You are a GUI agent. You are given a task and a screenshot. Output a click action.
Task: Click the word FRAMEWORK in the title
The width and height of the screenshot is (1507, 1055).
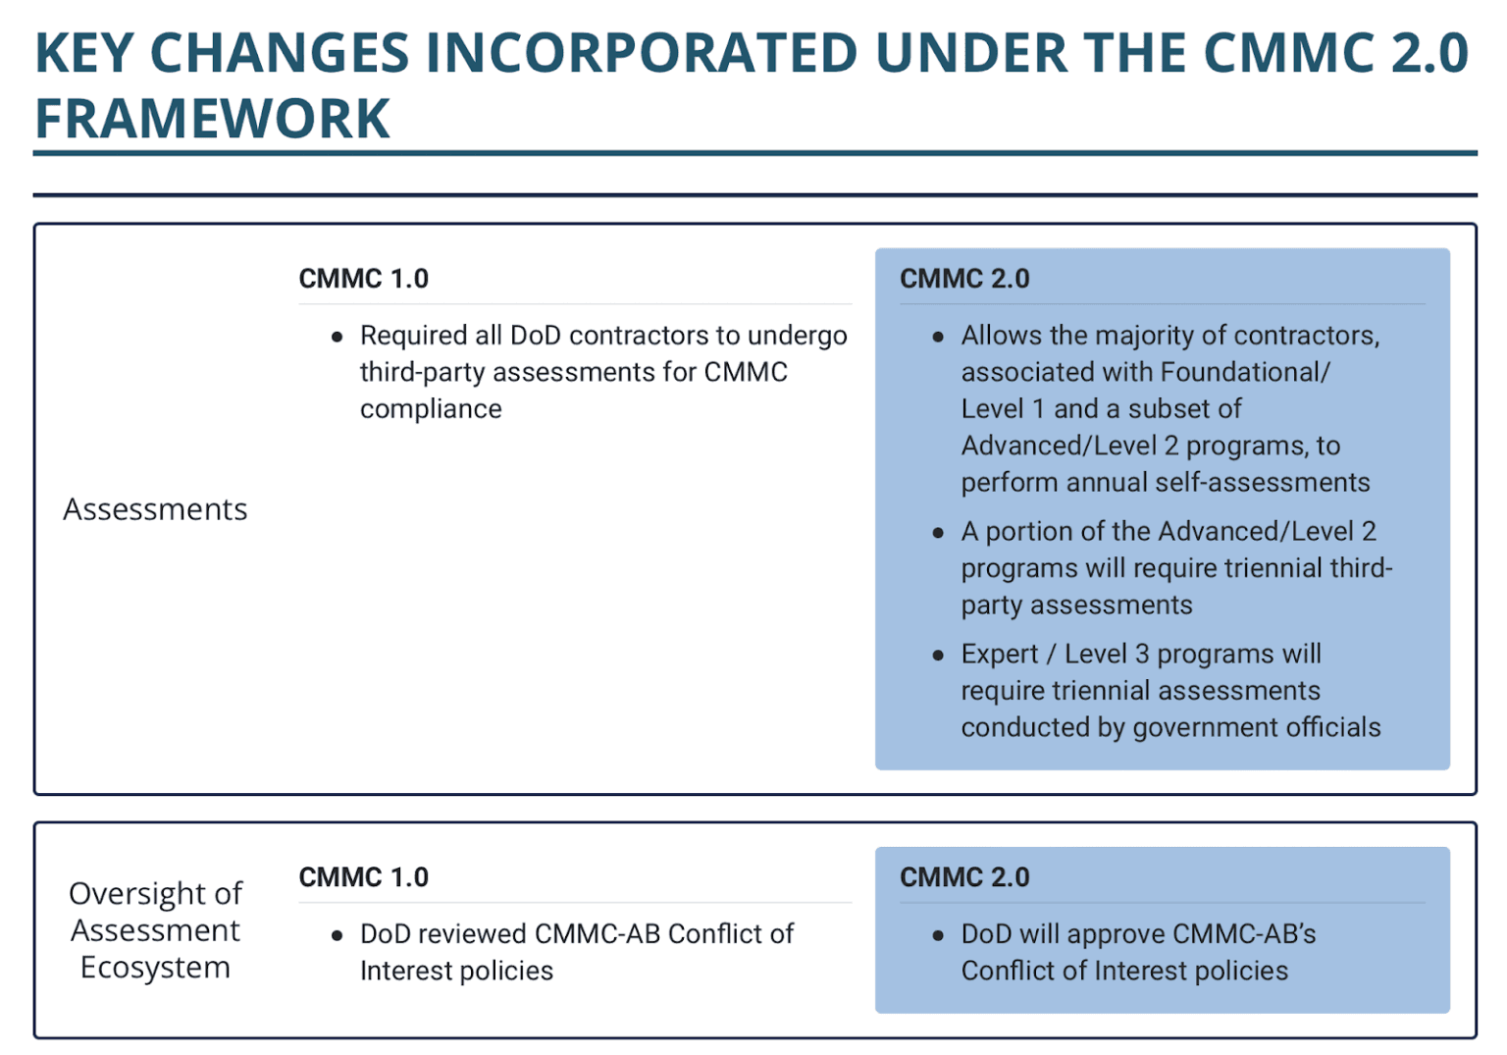pos(212,119)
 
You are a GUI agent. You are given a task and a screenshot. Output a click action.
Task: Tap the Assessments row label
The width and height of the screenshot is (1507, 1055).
pos(155,509)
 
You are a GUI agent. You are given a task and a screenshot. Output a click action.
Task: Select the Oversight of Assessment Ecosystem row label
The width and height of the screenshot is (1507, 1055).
pos(155,930)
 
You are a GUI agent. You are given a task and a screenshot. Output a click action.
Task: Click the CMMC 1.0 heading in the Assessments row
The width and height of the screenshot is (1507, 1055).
pos(363,279)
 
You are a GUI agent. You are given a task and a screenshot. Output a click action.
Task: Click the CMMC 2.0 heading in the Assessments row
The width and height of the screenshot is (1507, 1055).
pos(964,279)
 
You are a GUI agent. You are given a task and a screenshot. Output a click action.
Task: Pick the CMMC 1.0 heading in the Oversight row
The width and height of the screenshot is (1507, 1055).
pos(363,877)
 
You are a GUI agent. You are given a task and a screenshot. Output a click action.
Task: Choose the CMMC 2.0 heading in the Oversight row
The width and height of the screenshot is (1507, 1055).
pos(964,877)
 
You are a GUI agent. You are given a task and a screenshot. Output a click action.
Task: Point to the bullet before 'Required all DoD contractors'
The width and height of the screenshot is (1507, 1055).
pos(338,337)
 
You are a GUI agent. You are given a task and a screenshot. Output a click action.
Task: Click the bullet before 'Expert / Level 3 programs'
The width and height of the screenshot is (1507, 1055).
pos(938,655)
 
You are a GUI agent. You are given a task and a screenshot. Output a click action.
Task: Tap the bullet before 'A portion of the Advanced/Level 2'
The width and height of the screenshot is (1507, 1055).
pos(938,532)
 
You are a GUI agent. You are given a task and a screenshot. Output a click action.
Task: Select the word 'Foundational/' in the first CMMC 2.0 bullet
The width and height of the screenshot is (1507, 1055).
pos(1244,373)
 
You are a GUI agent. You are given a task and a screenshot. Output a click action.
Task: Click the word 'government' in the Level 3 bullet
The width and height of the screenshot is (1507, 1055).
pos(1194,728)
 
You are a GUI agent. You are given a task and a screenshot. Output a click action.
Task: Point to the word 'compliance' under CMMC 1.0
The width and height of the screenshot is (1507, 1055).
pos(431,409)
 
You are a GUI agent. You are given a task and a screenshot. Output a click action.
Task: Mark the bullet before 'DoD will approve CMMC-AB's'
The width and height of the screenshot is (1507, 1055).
pos(938,935)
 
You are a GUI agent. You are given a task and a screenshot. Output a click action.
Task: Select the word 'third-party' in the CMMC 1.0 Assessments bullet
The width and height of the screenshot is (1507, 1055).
pos(422,373)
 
